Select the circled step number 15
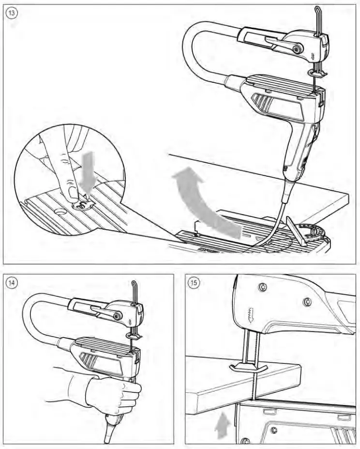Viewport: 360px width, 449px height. (x=194, y=282)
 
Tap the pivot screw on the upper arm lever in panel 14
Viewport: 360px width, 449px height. (x=118, y=316)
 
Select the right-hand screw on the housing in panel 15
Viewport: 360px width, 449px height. (x=307, y=302)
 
